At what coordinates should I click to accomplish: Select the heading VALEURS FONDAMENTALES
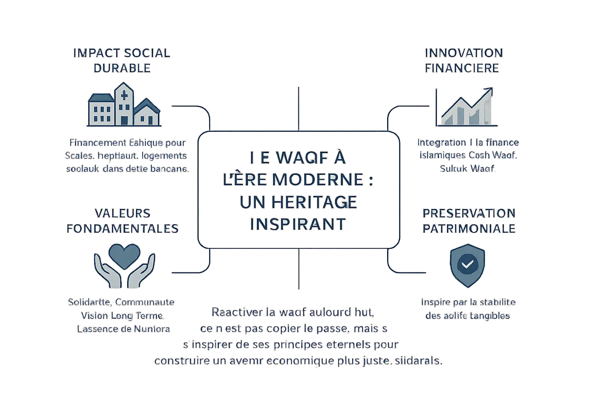coord(122,220)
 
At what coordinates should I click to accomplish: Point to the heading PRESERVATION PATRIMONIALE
coord(469,220)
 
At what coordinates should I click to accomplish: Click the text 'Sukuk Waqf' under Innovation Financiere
coord(469,169)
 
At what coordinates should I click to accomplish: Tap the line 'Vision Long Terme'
coord(122,315)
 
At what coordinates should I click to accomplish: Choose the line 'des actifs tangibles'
coord(468,316)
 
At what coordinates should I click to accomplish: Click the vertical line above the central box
coord(298,108)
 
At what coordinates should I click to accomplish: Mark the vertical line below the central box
coord(298,269)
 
